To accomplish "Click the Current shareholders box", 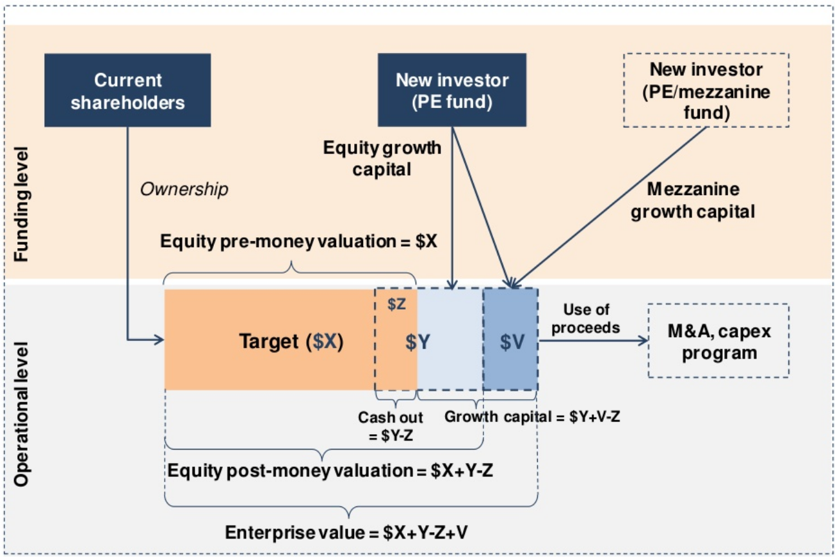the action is pos(127,90).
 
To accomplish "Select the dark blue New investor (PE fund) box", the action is pos(451,90).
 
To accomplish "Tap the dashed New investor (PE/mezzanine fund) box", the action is pos(706,90).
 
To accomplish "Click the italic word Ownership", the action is pos(184,190).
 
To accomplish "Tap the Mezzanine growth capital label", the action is pos(693,200).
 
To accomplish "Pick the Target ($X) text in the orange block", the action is pos(291,341).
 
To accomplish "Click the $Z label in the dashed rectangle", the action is pos(397,305).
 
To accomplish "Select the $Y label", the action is pos(417,342).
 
